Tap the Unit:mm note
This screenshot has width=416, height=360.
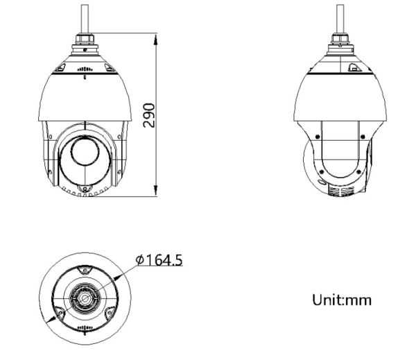342,300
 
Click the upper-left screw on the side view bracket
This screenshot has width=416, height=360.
316,136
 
